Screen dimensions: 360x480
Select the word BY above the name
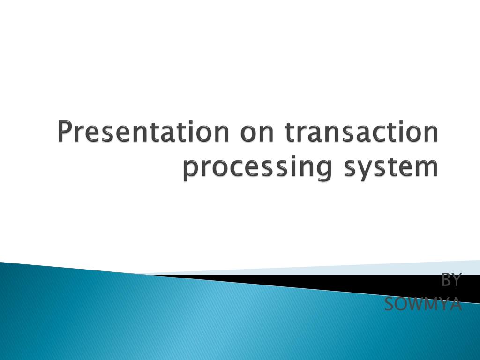(451, 280)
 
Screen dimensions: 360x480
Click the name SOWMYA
(423, 304)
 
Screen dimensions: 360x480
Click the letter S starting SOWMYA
(389, 304)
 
